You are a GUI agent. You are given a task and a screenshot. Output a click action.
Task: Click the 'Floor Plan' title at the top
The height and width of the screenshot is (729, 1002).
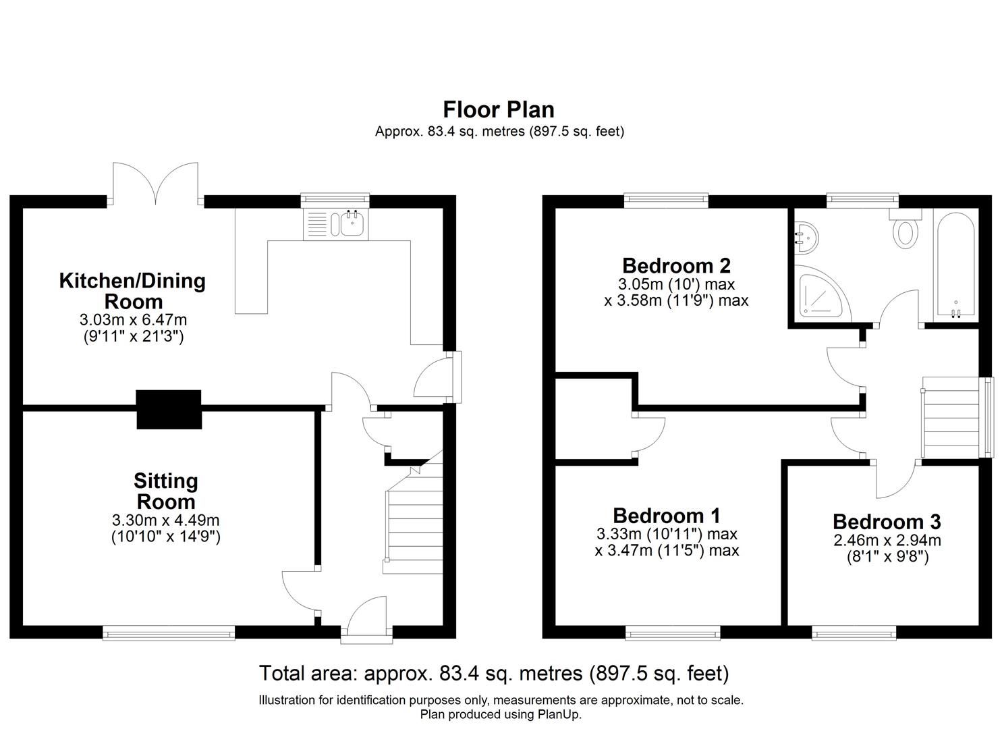point(499,109)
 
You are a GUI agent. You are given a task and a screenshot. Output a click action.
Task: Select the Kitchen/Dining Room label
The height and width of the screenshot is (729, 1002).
point(132,291)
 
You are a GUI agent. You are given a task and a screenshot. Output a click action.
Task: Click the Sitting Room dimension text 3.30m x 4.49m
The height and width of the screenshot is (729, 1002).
point(166,520)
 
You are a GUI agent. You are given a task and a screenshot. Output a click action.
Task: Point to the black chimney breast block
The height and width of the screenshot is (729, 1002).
point(169,409)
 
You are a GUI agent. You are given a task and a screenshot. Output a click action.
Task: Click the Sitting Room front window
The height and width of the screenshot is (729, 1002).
point(169,632)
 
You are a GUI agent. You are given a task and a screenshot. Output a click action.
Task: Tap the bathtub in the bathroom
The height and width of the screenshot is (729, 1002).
point(955,265)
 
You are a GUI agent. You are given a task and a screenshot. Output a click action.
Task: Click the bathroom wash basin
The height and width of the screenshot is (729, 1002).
point(806,238)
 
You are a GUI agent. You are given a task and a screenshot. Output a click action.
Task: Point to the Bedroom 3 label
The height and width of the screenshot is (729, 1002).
point(887,522)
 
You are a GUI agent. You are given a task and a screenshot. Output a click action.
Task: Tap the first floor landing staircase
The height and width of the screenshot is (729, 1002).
point(951,417)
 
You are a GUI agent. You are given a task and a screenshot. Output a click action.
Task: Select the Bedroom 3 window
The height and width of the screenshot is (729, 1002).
point(854,632)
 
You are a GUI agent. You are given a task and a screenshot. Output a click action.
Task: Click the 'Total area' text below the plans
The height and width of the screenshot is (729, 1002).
point(494,673)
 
